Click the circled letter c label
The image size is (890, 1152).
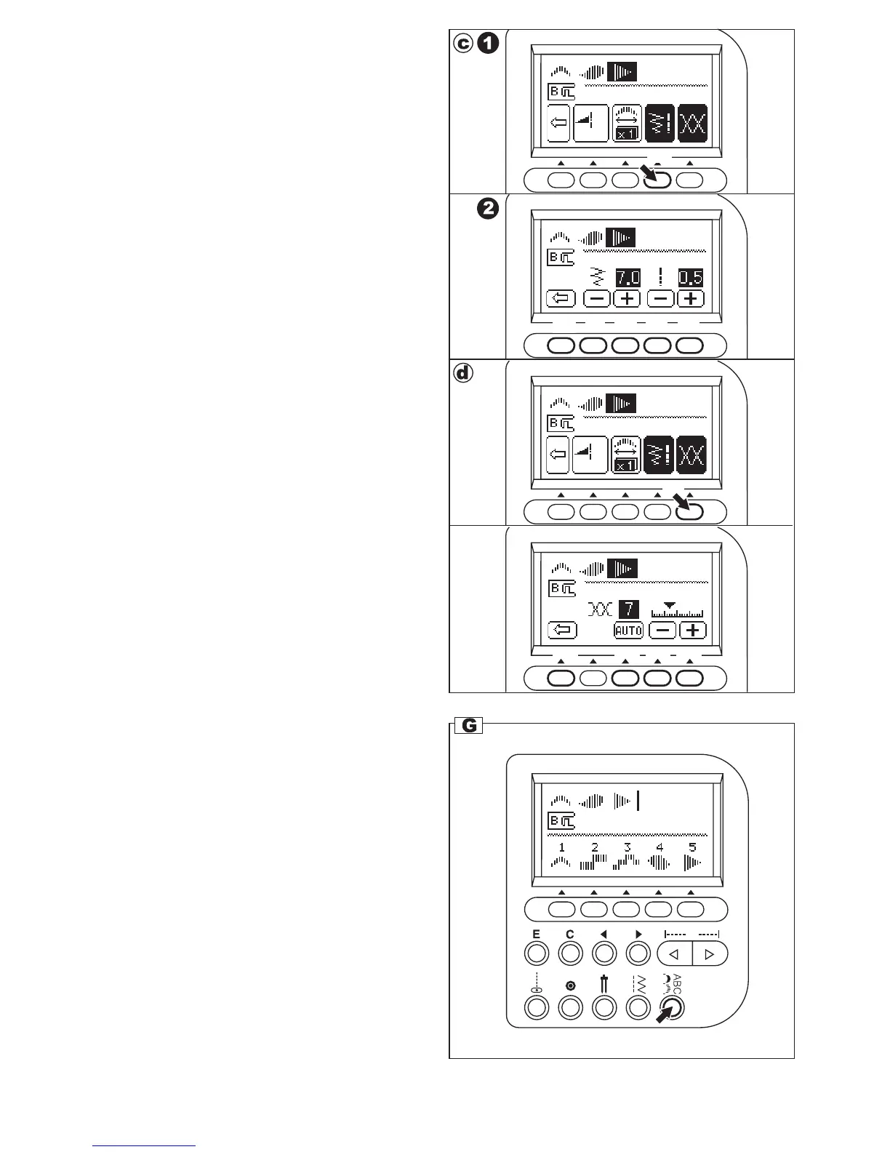463,44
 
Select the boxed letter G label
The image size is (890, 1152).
470,725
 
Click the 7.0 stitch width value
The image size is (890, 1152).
628,277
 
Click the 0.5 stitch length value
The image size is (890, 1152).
691,277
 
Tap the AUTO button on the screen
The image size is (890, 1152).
628,631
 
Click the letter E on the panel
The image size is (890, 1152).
537,935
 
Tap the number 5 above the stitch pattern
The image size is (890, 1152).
692,847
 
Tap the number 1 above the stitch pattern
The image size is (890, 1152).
562,847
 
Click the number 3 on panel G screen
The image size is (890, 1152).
628,847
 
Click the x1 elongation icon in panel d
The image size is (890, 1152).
626,465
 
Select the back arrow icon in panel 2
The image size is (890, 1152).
561,298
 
